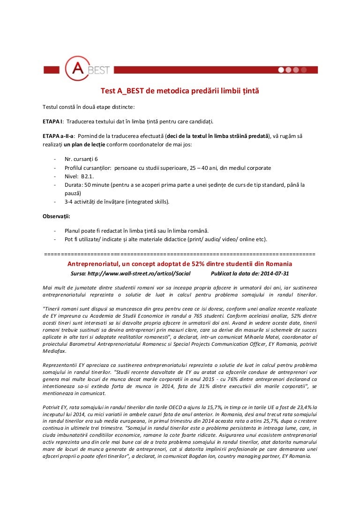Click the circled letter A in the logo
click(77, 69)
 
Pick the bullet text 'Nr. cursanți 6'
click(81, 159)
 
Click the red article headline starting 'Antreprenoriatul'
click(180, 264)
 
